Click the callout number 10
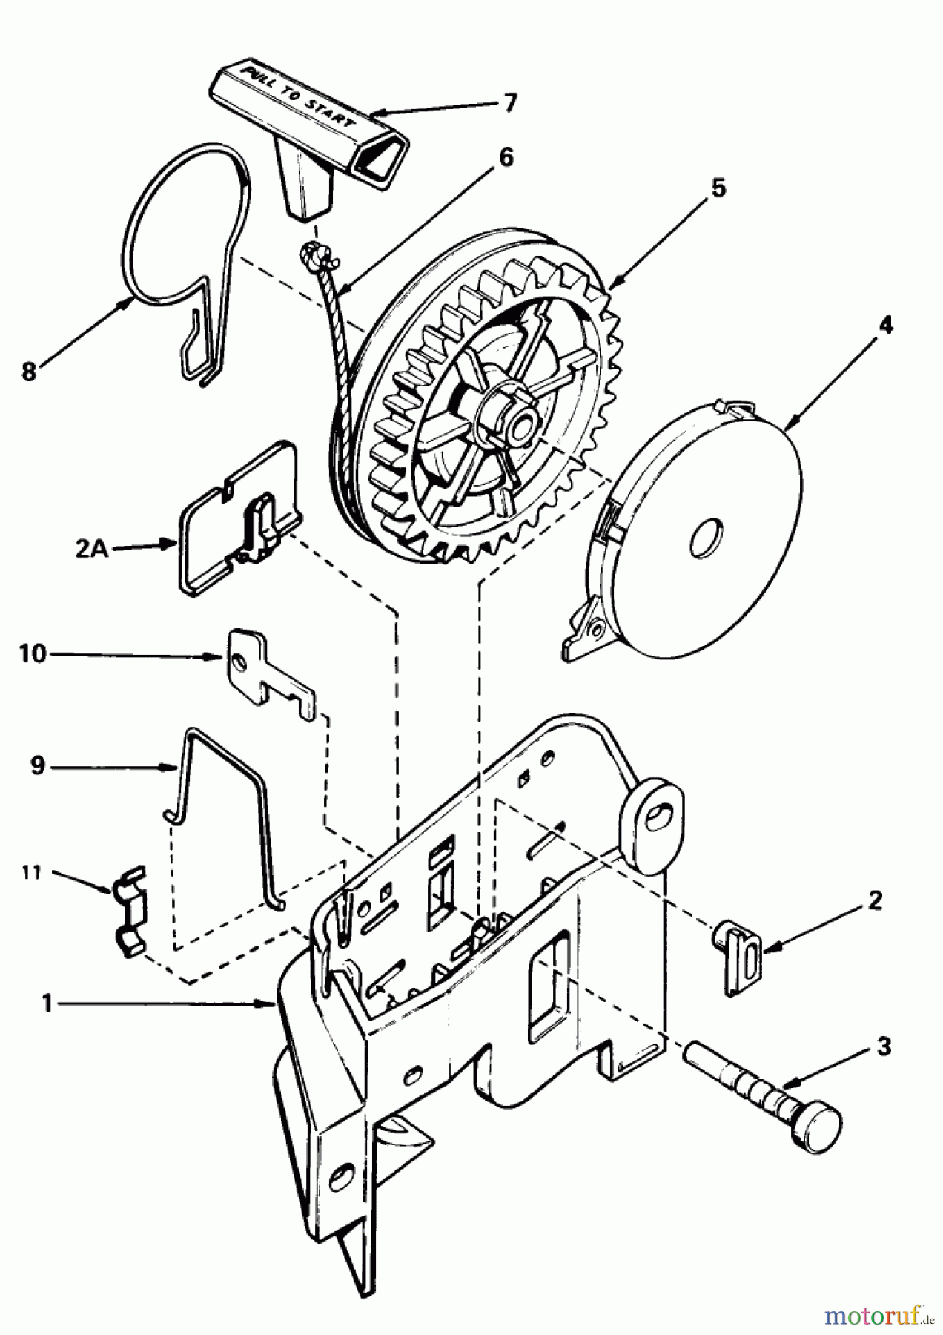[33, 654]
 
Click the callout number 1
[47, 1003]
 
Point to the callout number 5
[717, 188]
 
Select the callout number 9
[38, 765]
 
